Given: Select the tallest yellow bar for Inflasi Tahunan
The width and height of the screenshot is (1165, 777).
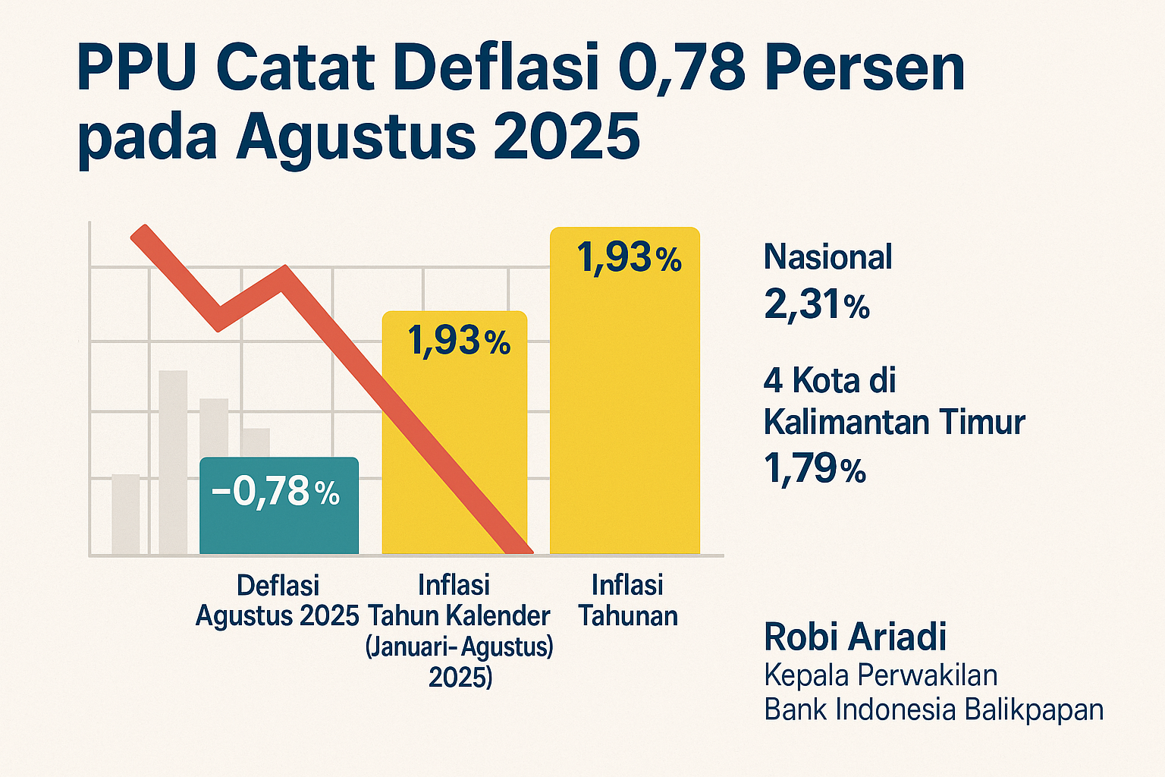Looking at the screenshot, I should [624, 410].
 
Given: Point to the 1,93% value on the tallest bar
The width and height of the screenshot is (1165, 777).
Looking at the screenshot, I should [629, 258].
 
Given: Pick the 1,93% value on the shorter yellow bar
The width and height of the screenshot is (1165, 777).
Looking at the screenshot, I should [459, 341].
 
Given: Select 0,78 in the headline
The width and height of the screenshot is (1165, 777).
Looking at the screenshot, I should [683, 69].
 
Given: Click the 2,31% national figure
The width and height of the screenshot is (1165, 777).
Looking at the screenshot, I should [816, 305].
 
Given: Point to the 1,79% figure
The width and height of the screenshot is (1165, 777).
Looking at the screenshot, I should [815, 469].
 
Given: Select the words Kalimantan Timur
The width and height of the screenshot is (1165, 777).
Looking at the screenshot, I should [894, 422].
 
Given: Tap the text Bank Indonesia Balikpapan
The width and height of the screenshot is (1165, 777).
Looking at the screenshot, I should [933, 709].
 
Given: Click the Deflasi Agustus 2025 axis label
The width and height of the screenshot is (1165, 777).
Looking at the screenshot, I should [278, 600].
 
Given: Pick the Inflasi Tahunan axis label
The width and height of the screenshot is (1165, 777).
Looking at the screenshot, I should [628, 600].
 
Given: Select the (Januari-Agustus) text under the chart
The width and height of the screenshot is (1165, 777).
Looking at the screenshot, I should [459, 647].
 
